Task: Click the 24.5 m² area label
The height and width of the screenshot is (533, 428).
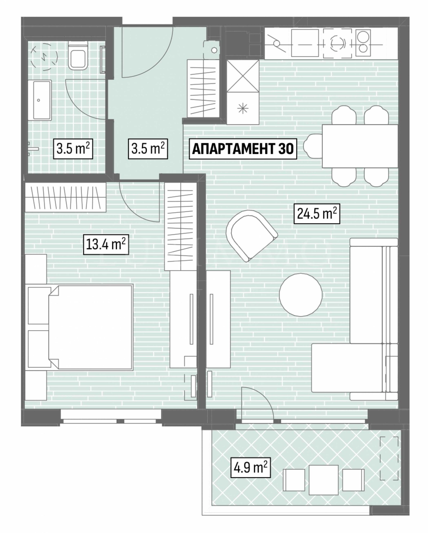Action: pyautogui.click(x=317, y=214)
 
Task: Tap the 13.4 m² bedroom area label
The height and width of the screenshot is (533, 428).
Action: pyautogui.click(x=106, y=244)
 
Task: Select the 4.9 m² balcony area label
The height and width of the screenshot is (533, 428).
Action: pyautogui.click(x=250, y=468)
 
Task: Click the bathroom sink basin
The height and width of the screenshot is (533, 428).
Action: pyautogui.click(x=42, y=100)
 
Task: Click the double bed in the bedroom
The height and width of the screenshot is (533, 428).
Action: pyautogui.click(x=90, y=328)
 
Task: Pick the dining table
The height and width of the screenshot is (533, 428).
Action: pyautogui.click(x=360, y=146)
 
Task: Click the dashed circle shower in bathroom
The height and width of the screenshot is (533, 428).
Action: pyautogui.click(x=44, y=58)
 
